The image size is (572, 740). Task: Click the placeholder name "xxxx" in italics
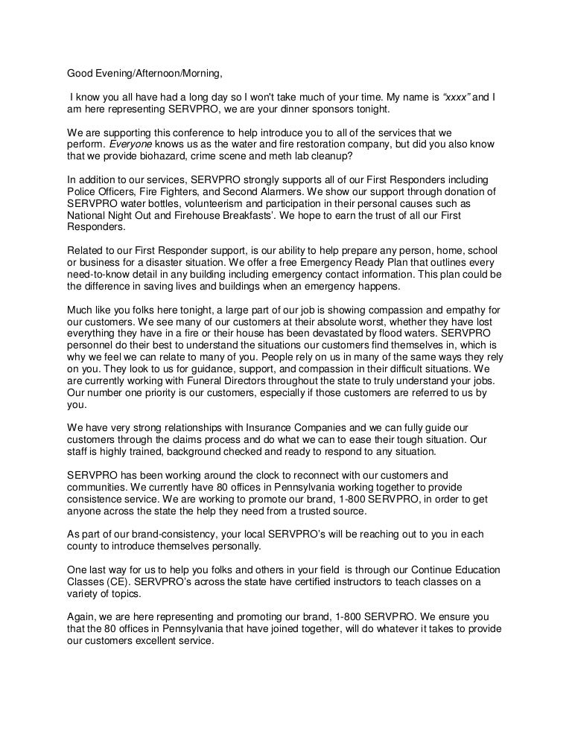click(456, 96)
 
